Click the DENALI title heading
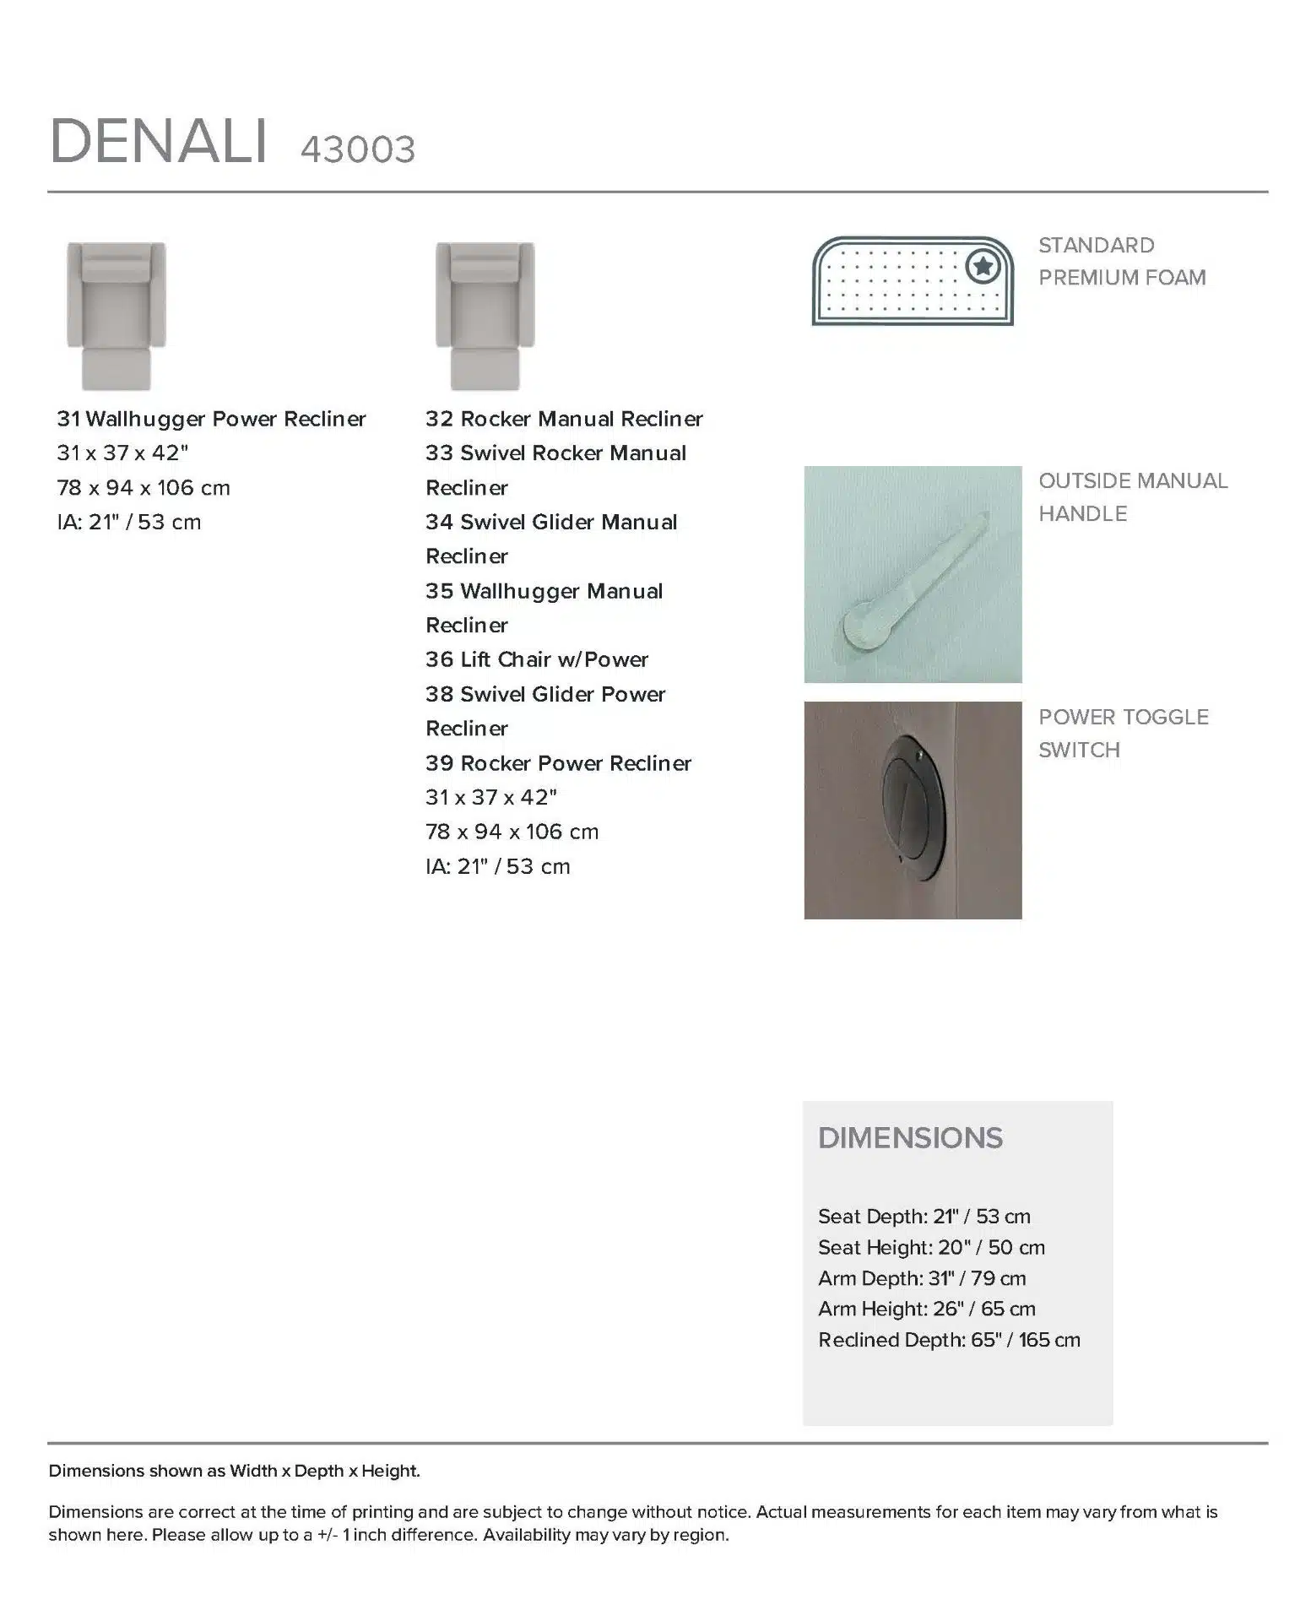[159, 141]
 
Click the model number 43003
[358, 150]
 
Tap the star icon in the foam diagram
[983, 267]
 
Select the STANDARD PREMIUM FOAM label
[1121, 261]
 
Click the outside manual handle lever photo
[913, 575]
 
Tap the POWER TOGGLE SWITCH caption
[1123, 733]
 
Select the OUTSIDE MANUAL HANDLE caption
[1132, 496]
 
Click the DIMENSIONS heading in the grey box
[910, 1138]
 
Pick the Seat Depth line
[924, 1217]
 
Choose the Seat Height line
[931, 1247]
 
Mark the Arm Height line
[926, 1309]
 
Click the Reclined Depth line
[949, 1340]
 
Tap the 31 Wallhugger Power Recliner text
[211, 419]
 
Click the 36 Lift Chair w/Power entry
[537, 659]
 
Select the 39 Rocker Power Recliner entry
[558, 763]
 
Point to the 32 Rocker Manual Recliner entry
[564, 419]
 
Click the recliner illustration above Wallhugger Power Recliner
[116, 316]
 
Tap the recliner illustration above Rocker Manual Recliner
[485, 316]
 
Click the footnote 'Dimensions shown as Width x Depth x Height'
[234, 1471]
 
